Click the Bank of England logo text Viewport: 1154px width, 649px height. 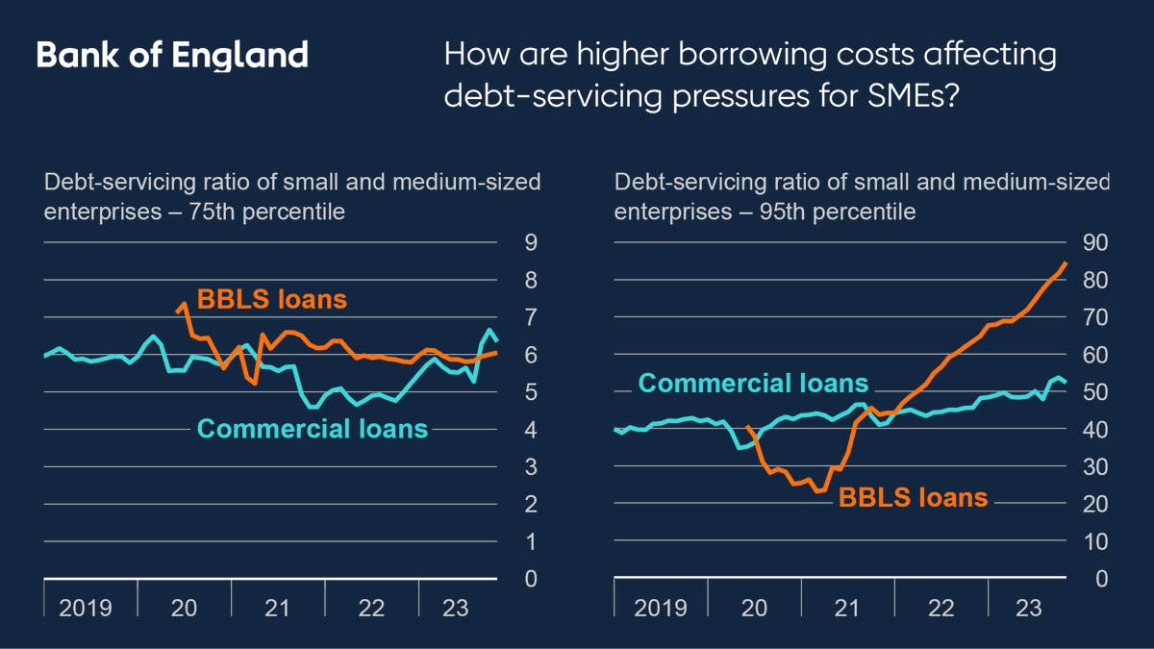pos(172,55)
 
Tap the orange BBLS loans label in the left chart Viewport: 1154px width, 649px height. pos(271,299)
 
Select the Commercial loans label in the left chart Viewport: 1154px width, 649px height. pos(313,429)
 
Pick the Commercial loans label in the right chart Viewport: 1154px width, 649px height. pos(753,384)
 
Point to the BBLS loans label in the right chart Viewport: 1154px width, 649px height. pos(914,497)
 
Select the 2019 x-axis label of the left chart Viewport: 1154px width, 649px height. pos(86,608)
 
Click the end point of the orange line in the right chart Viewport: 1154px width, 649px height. pos(1066,262)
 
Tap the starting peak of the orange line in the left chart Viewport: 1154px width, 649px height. pos(184,304)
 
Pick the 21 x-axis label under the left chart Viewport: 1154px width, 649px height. pos(277,608)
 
